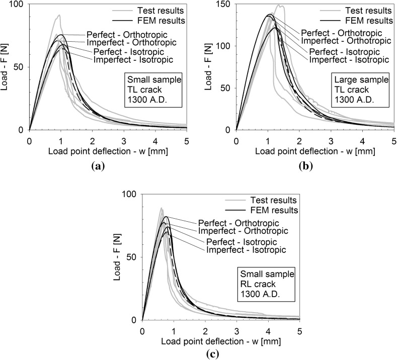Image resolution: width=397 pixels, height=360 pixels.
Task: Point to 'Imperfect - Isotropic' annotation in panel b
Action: [349, 60]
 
